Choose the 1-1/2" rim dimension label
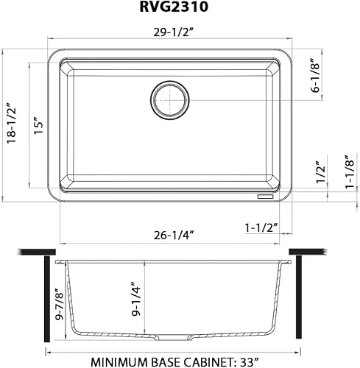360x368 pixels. tap(260, 228)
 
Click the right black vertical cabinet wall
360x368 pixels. tap(298, 302)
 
